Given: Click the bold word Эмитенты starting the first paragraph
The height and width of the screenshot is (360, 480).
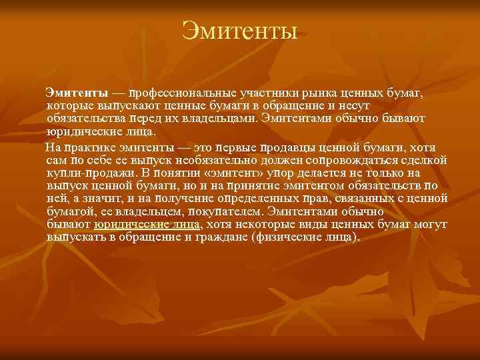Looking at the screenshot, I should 72,91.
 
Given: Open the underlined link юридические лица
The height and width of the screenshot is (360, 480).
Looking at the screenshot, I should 147,225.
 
